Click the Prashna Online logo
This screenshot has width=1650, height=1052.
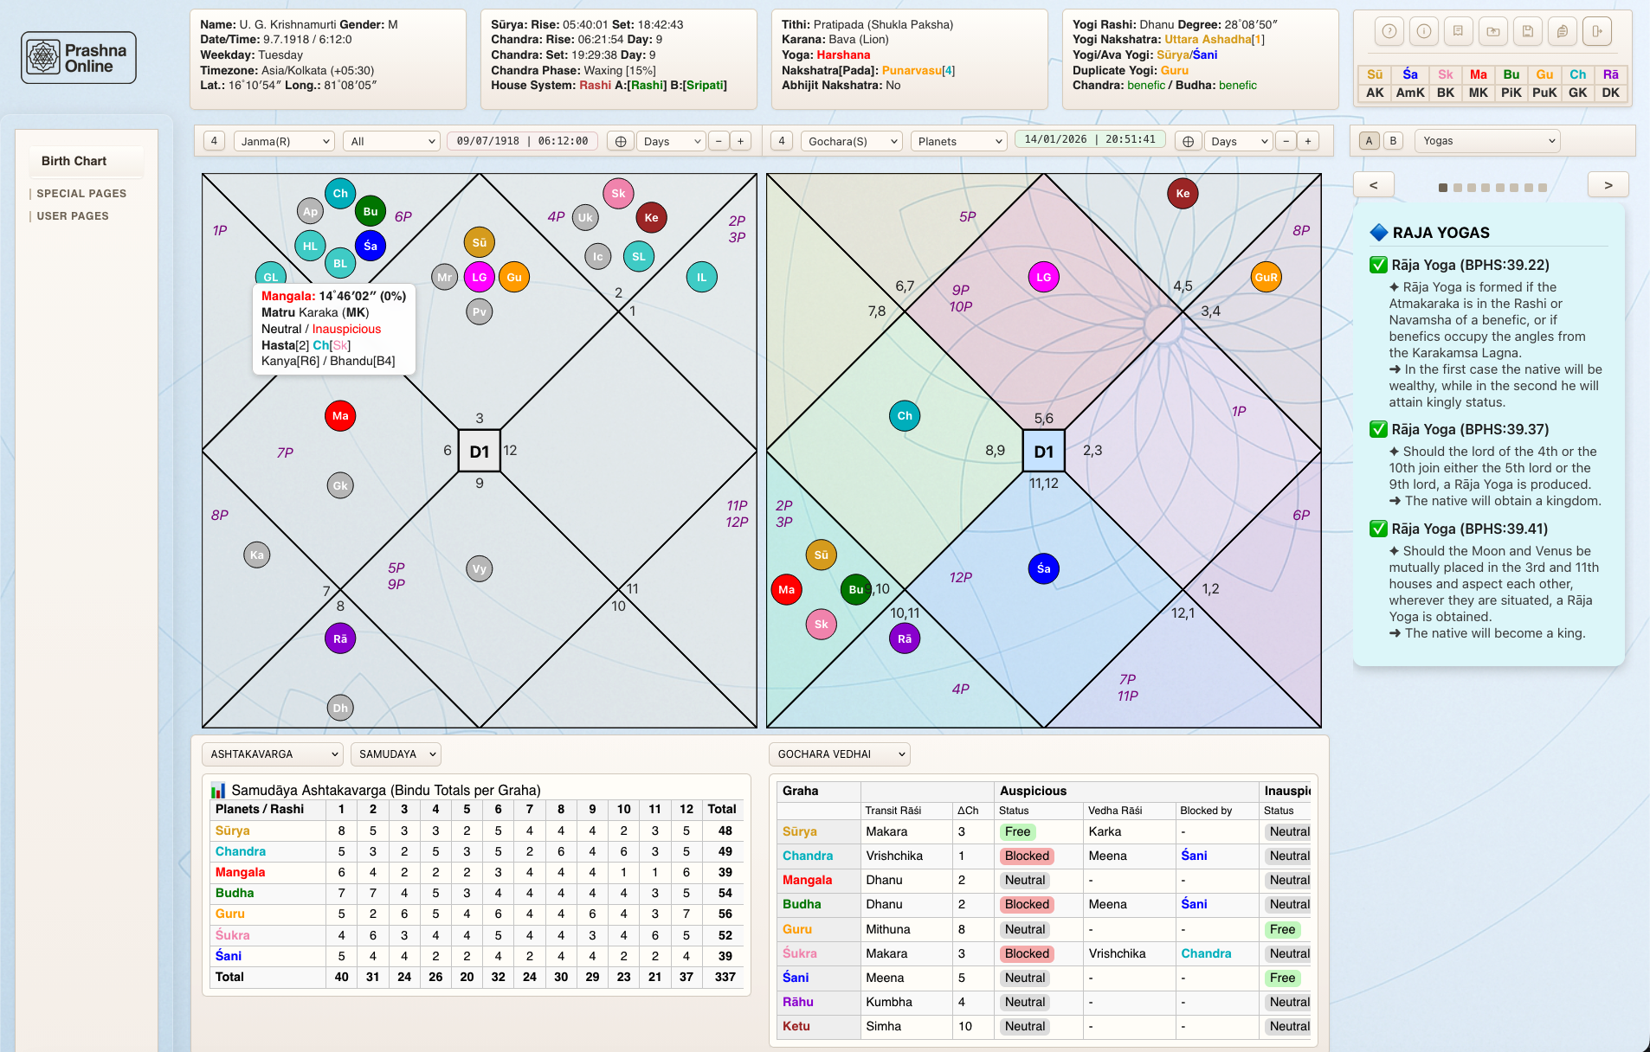pos(79,58)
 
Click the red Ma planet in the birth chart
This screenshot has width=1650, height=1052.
pos(340,416)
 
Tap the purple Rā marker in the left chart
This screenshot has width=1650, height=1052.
pos(340,639)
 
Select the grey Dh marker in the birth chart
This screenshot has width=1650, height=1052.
pos(340,709)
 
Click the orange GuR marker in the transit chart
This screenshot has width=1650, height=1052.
pos(1266,278)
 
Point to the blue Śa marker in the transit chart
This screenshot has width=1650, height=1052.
pos(1043,569)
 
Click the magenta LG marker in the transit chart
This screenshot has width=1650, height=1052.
pos(1043,278)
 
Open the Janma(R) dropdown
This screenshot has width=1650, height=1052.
pos(284,141)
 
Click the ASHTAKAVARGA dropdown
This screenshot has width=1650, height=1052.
pos(273,754)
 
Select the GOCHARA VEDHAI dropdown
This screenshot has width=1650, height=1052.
pos(839,754)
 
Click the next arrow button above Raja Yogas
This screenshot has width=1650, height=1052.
pos(1608,185)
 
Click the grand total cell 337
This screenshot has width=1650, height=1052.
pos(725,977)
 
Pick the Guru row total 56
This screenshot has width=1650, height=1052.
pos(725,914)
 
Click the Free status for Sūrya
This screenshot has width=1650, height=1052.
pos(1017,832)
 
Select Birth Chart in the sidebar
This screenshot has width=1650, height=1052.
pos(74,161)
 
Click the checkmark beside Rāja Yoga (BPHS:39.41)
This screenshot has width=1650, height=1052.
pos(1378,529)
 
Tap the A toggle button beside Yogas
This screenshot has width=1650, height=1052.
pos(1369,141)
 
